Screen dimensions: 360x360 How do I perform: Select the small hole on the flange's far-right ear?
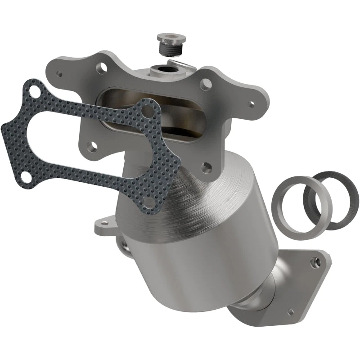[x=250, y=102]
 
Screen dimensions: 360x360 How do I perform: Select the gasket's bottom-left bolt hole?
[x=26, y=177]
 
